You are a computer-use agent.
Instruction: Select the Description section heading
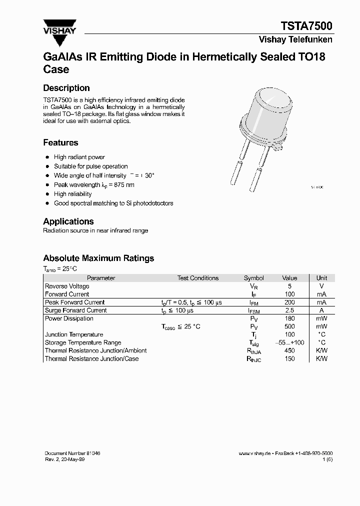[66, 88]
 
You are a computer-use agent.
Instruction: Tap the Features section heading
[60, 142]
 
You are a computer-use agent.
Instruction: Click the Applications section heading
[68, 221]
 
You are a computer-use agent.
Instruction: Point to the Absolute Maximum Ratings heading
[98, 258]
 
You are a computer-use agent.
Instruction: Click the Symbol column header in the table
[253, 278]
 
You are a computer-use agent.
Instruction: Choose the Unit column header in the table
[321, 278]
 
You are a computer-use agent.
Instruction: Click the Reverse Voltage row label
[67, 286]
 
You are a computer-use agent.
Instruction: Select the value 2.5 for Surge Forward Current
[289, 310]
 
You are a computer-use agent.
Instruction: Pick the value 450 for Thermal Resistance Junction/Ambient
[289, 351]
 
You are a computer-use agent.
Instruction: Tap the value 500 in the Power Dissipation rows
[289, 326]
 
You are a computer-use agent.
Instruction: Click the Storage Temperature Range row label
[83, 342]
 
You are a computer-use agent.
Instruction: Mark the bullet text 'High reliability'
[73, 194]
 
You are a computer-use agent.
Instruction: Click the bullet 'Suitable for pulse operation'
[91, 166]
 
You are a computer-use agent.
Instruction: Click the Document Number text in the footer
[72, 453]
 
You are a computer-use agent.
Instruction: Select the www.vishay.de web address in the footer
[254, 453]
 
